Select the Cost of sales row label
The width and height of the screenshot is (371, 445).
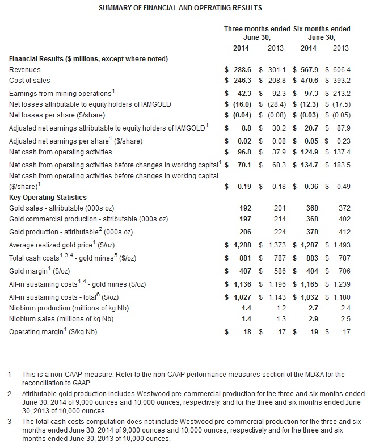pyautogui.click(x=29, y=81)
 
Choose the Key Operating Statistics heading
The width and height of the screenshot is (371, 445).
pyautogui.click(x=48, y=198)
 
